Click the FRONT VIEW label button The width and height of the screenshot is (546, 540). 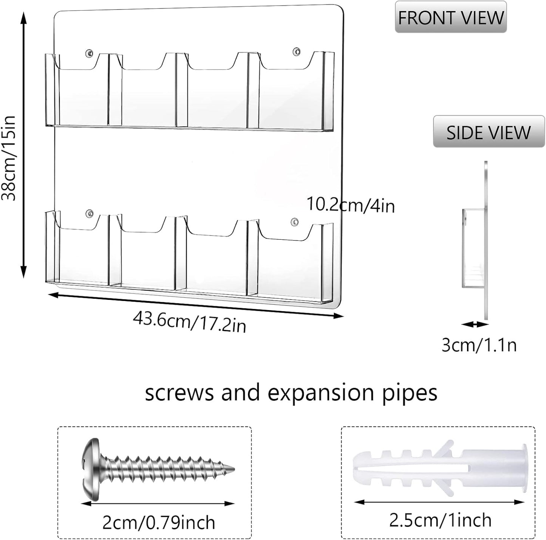[x=450, y=17]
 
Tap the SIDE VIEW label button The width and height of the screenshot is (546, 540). [x=489, y=131]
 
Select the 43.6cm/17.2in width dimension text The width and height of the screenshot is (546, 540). [x=189, y=322]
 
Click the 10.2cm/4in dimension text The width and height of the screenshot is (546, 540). [x=351, y=205]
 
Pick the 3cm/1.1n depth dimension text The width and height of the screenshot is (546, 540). [x=479, y=346]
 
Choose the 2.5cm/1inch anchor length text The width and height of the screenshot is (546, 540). [x=440, y=520]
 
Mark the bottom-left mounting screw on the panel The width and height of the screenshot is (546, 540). [x=90, y=213]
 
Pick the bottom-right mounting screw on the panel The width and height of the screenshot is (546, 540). [x=295, y=221]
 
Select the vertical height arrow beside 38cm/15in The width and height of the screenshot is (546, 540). [x=23, y=144]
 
